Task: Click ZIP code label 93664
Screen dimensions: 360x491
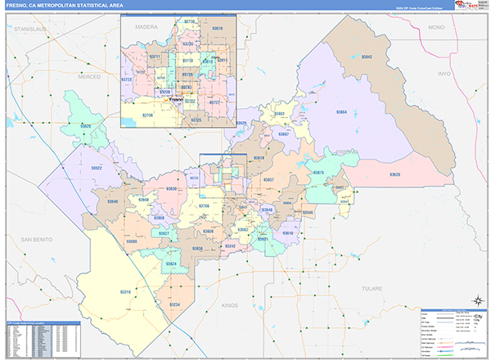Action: click(340, 111)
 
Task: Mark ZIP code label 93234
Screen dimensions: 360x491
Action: click(173, 304)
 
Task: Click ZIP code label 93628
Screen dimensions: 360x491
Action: click(394, 175)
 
